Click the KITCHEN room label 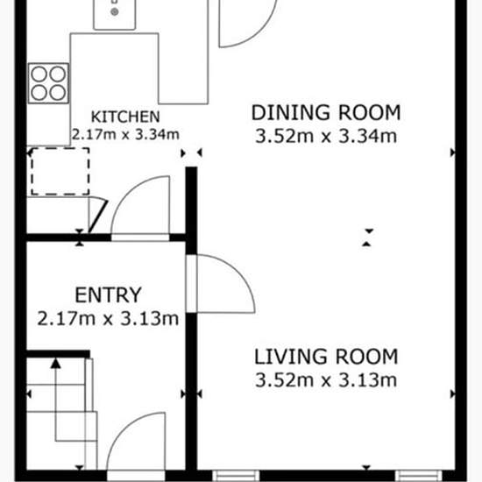[x=125, y=117]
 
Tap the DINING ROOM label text [x=326, y=113]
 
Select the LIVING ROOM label [x=326, y=357]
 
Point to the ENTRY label [x=108, y=295]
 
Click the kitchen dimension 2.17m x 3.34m [x=125, y=134]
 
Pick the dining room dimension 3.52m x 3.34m [x=326, y=136]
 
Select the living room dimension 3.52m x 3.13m [x=326, y=380]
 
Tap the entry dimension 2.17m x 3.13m [x=108, y=318]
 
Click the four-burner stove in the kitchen [x=48, y=83]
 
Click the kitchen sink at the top [x=114, y=14]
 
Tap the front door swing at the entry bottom [x=122, y=430]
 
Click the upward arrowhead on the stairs [x=55, y=363]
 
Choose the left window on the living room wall [x=236, y=475]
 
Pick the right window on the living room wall [x=419, y=475]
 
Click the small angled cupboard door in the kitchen [x=98, y=216]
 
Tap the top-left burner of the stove [x=39, y=74]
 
